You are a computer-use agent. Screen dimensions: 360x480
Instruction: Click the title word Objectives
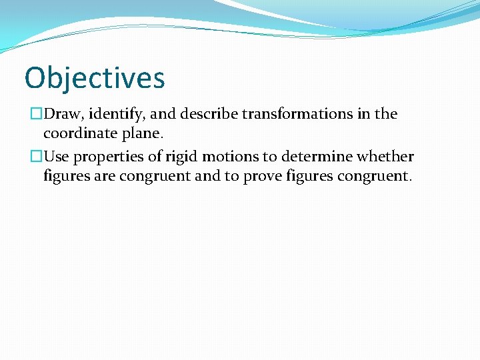pyautogui.click(x=94, y=78)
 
